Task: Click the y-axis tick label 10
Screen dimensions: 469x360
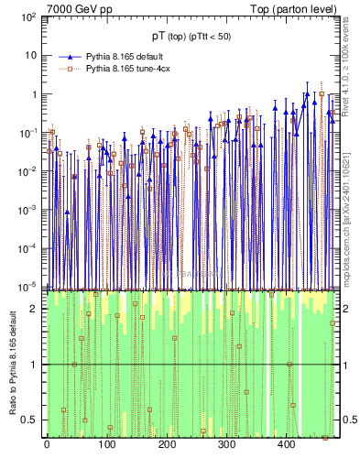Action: click(x=30, y=56)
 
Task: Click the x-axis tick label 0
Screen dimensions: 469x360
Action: click(x=47, y=446)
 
